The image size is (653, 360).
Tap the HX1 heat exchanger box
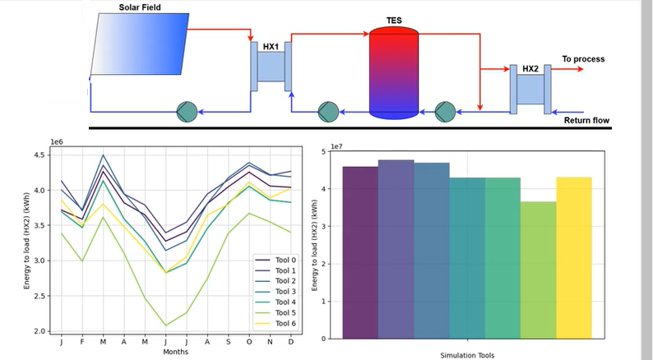[271, 66]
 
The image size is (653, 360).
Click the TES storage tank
[394, 72]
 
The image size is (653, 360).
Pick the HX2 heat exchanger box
[530, 88]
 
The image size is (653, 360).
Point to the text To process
[583, 59]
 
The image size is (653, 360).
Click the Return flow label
[586, 121]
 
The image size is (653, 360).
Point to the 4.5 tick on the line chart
[43, 155]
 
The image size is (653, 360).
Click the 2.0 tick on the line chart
[43, 331]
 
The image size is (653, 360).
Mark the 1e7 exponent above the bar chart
[336, 147]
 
